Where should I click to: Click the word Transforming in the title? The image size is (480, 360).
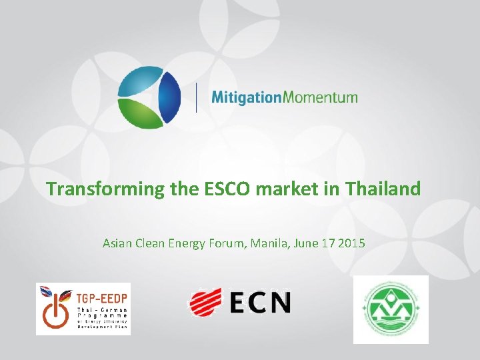(105, 189)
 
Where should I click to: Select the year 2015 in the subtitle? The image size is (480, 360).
(352, 243)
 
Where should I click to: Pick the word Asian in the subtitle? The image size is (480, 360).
(118, 243)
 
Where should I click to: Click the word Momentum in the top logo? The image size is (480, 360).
(321, 97)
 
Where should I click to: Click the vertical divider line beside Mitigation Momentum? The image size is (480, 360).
(196, 97)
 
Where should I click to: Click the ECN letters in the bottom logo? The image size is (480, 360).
(261, 302)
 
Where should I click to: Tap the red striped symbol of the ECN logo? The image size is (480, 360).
(205, 301)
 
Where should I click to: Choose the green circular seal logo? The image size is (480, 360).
(391, 309)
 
